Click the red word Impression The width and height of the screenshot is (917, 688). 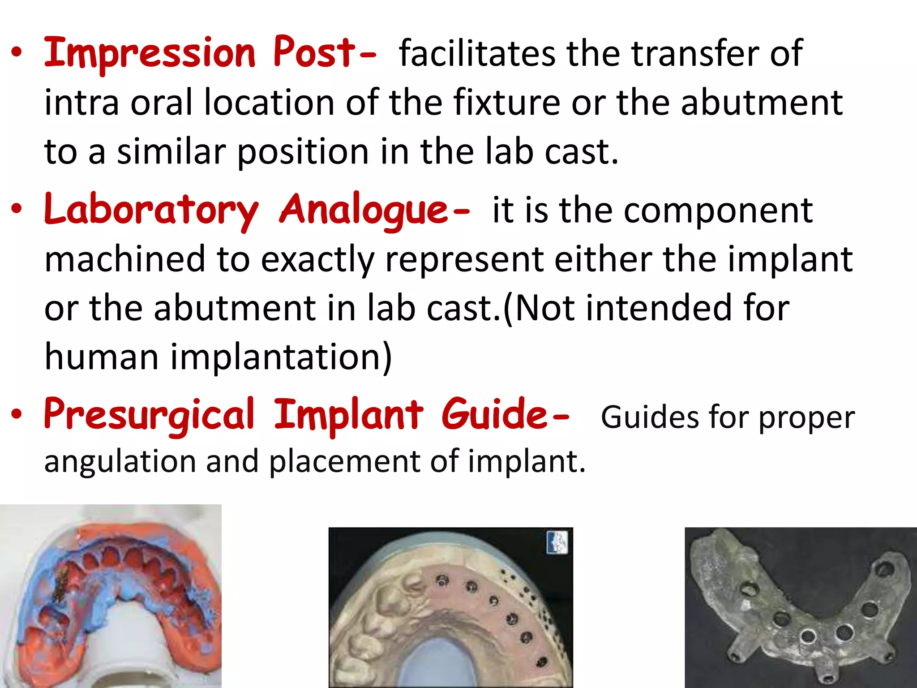(150, 54)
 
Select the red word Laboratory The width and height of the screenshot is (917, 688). (151, 210)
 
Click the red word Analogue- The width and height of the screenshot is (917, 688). (374, 210)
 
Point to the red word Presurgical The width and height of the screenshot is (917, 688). (149, 415)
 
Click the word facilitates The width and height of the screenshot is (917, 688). (477, 54)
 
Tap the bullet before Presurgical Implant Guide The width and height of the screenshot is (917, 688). (17, 414)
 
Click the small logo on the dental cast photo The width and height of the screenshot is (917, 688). (557, 542)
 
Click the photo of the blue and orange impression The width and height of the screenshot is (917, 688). (111, 596)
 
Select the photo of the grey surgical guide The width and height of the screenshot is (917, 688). (801, 607)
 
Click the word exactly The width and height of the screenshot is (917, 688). (317, 259)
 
